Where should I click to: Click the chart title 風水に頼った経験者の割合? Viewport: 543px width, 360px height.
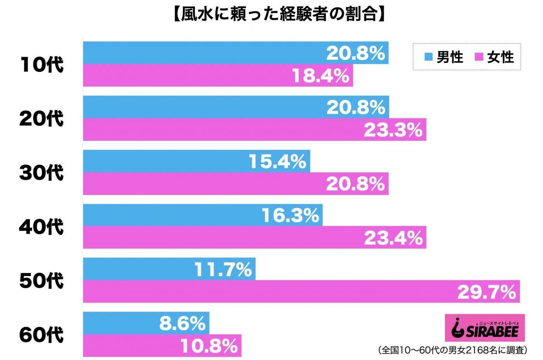[x=271, y=15]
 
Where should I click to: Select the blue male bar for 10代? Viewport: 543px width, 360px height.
[x=204, y=53]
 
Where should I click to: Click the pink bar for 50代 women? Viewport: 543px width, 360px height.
[x=271, y=291]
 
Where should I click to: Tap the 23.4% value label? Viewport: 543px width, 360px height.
[x=393, y=238]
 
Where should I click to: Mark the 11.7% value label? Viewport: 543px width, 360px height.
[x=223, y=270]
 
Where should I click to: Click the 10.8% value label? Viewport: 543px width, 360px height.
[x=209, y=346]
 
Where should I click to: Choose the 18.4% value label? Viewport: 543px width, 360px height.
[x=321, y=76]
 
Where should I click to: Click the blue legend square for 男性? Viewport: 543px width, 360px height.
[x=428, y=57]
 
